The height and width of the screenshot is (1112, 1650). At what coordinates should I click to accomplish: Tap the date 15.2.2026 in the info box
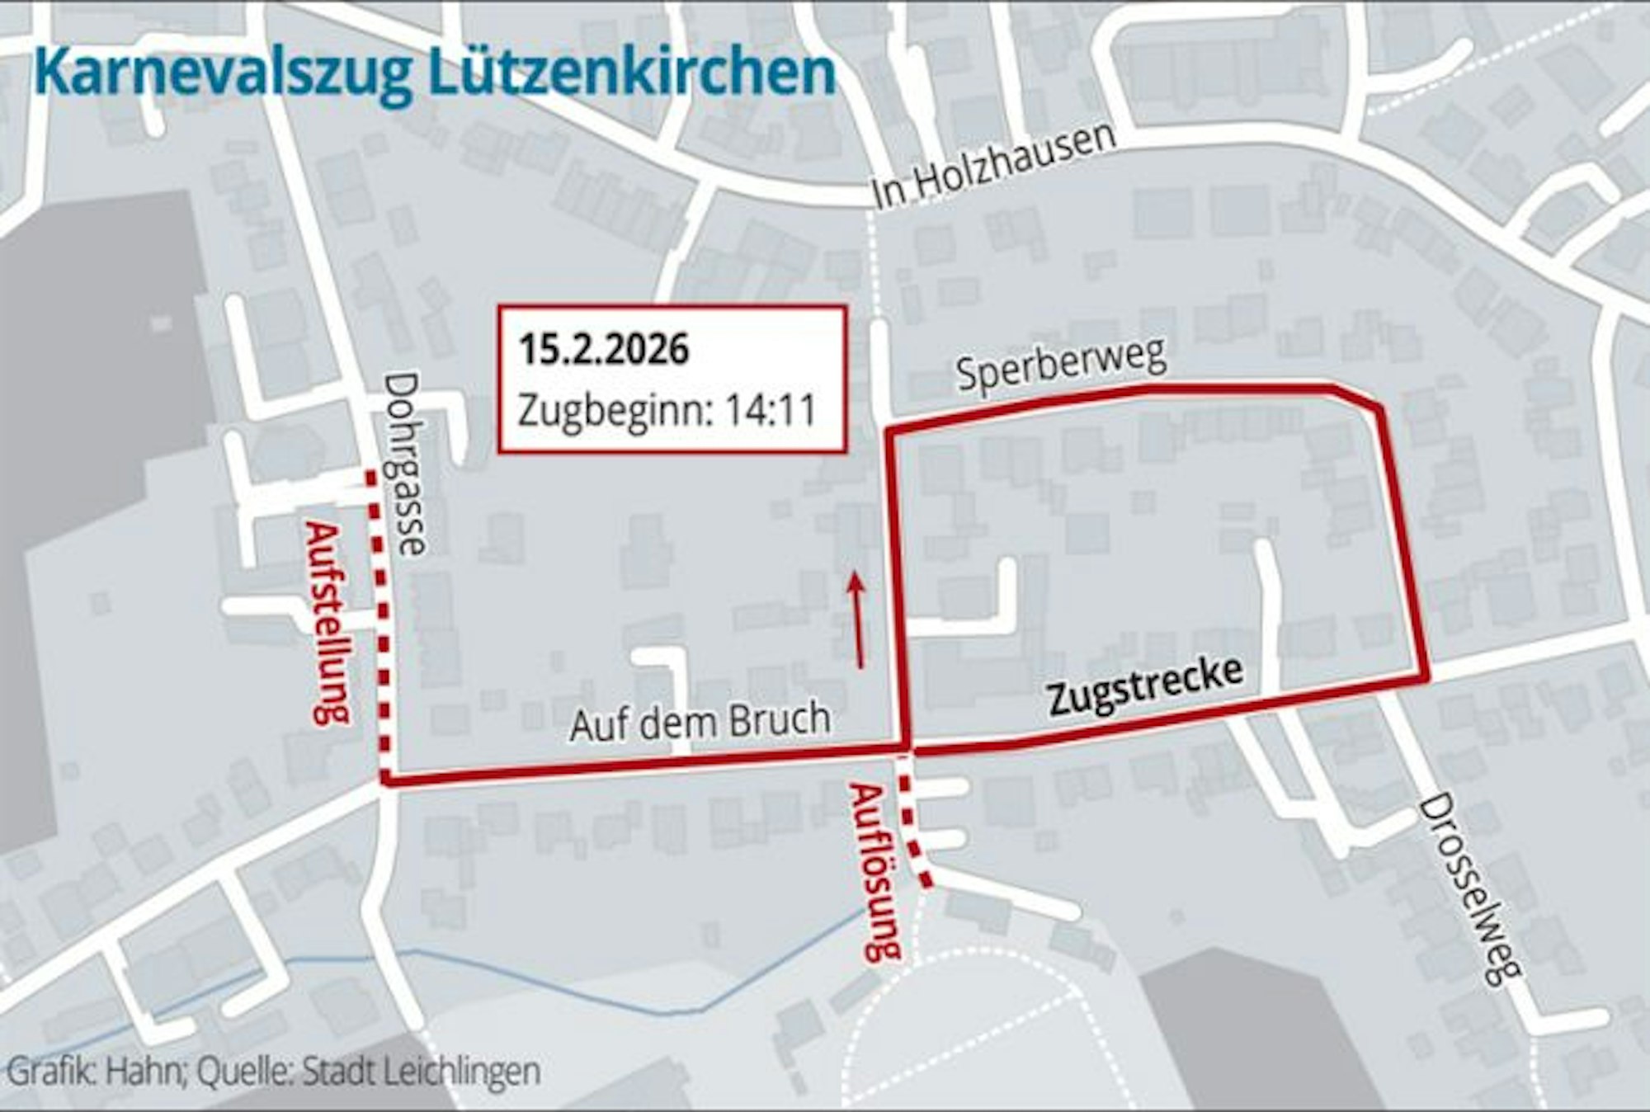click(x=604, y=350)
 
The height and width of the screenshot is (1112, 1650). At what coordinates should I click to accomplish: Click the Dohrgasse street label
click(x=404, y=464)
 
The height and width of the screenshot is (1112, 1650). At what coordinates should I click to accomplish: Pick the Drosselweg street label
click(x=1468, y=889)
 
